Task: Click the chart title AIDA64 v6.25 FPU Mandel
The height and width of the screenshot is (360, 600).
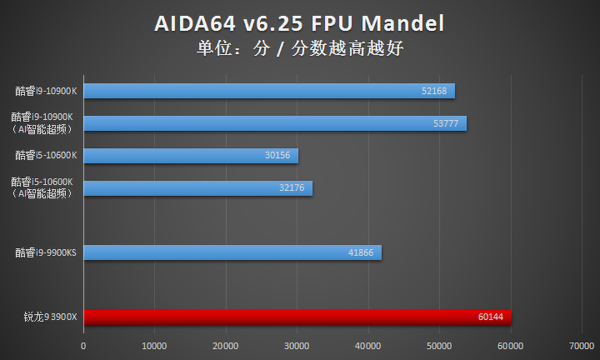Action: coord(299,24)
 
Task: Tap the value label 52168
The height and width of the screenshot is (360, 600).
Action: coord(434,91)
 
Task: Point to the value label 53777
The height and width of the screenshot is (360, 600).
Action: coord(445,123)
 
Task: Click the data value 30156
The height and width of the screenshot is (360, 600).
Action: coord(277,155)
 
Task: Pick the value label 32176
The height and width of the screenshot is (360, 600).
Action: coord(291,188)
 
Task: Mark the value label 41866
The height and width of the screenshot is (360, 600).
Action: coord(361,253)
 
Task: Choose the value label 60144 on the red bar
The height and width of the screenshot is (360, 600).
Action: coord(490,317)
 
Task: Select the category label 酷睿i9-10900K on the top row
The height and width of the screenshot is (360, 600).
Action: coord(47,91)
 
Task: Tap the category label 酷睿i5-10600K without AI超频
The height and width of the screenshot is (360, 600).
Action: coord(47,155)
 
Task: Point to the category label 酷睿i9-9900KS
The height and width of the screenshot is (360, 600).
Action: coord(47,253)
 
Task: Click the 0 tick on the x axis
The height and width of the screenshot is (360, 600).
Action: coord(83,346)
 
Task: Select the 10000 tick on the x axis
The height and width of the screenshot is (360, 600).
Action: coord(155,346)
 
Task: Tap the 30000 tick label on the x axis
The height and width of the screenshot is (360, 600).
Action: coord(297,346)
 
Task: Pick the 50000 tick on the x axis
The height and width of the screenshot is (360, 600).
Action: coord(439,346)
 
